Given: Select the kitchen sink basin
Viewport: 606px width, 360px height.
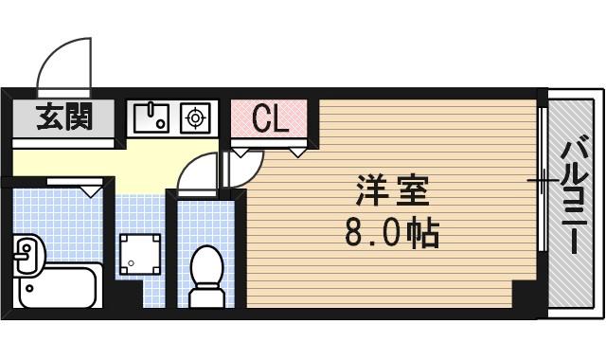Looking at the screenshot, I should tap(151, 117).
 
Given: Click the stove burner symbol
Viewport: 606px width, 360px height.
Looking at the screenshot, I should tap(196, 117).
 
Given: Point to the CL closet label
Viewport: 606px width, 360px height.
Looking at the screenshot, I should tap(270, 119).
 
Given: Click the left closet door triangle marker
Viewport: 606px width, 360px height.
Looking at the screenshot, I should tap(243, 152).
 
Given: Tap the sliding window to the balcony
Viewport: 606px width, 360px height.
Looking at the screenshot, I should tap(542, 180).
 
